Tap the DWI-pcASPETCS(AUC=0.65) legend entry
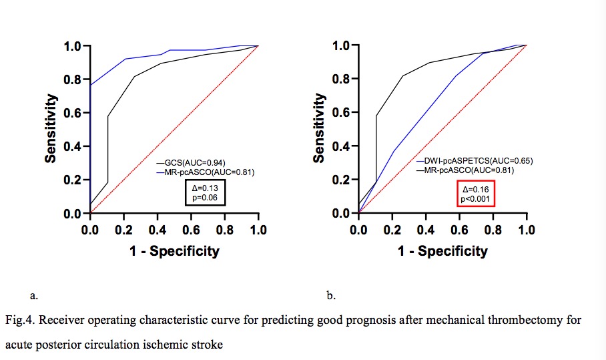pyautogui.click(x=476, y=161)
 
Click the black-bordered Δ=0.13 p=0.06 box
pyautogui.click(x=206, y=193)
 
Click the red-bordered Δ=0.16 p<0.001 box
pyautogui.click(x=475, y=193)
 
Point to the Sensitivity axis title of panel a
pyautogui.click(x=51, y=128)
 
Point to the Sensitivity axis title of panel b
pyautogui.click(x=319, y=128)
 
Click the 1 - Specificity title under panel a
pyautogui.click(x=174, y=251)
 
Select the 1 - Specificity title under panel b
pyautogui.click(x=442, y=251)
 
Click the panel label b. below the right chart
pyautogui.click(x=331, y=294)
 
